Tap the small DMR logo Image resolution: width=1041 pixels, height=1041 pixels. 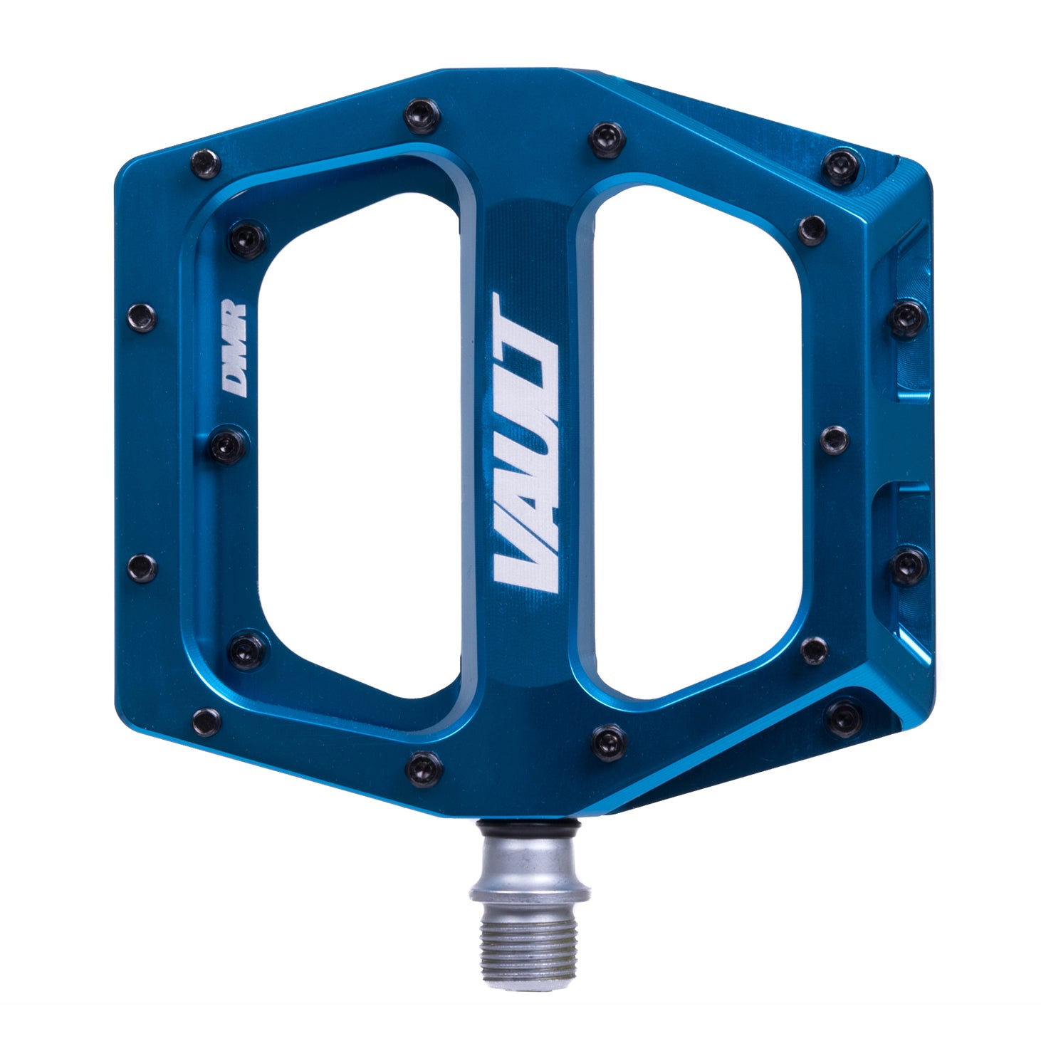tap(233, 347)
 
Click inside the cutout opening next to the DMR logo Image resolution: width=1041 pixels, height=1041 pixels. tap(356, 456)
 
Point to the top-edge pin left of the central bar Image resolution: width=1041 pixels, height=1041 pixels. tap(417, 111)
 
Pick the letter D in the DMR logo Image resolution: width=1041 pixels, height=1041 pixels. tap(233, 381)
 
